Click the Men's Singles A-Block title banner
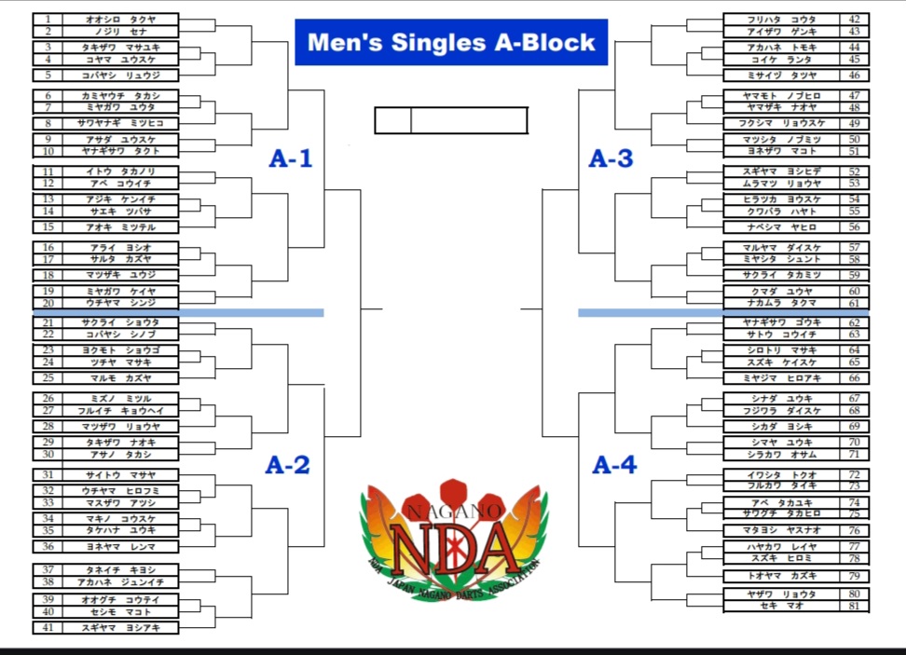pyautogui.click(x=451, y=42)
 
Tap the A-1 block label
pyautogui.click(x=291, y=158)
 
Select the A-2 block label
pyautogui.click(x=287, y=464)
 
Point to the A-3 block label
pyautogui.click(x=611, y=158)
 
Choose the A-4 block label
pyautogui.click(x=614, y=464)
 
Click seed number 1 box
pyautogui.click(x=48, y=19)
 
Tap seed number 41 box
pyautogui.click(x=48, y=628)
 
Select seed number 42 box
pyautogui.click(x=855, y=19)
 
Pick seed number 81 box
pyautogui.click(x=855, y=607)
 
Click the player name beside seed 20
pyautogui.click(x=120, y=304)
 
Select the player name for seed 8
pyautogui.click(x=120, y=123)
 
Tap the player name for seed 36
pyautogui.click(x=120, y=546)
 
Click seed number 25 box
pyautogui.click(x=48, y=378)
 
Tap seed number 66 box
pyautogui.click(x=855, y=378)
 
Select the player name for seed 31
pyautogui.click(x=120, y=475)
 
